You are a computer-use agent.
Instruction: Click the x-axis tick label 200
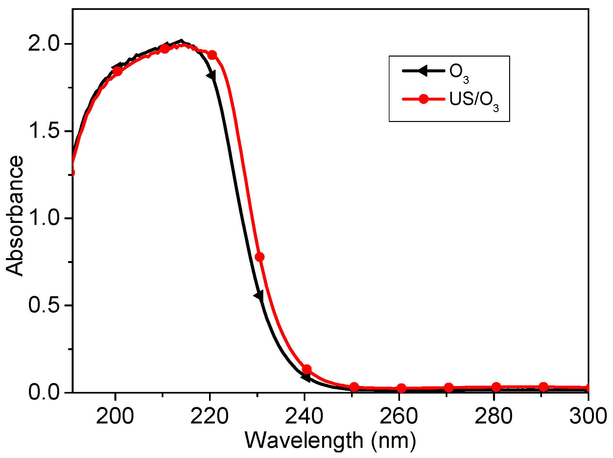115,416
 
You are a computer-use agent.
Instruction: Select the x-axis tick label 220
209,416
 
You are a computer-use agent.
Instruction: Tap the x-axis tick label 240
304,416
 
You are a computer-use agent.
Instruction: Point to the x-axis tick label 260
399,416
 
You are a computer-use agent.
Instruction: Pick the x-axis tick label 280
493,416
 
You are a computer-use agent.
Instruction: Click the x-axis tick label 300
588,416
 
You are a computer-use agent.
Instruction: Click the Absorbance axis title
15,216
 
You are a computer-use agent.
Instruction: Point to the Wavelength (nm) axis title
330,441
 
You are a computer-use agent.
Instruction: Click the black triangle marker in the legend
423,70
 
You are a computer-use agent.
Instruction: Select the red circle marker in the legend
424,99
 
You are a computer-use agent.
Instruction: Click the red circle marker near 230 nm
260,257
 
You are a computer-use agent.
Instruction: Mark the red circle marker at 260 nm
401,388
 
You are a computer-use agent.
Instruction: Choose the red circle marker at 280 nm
496,387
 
